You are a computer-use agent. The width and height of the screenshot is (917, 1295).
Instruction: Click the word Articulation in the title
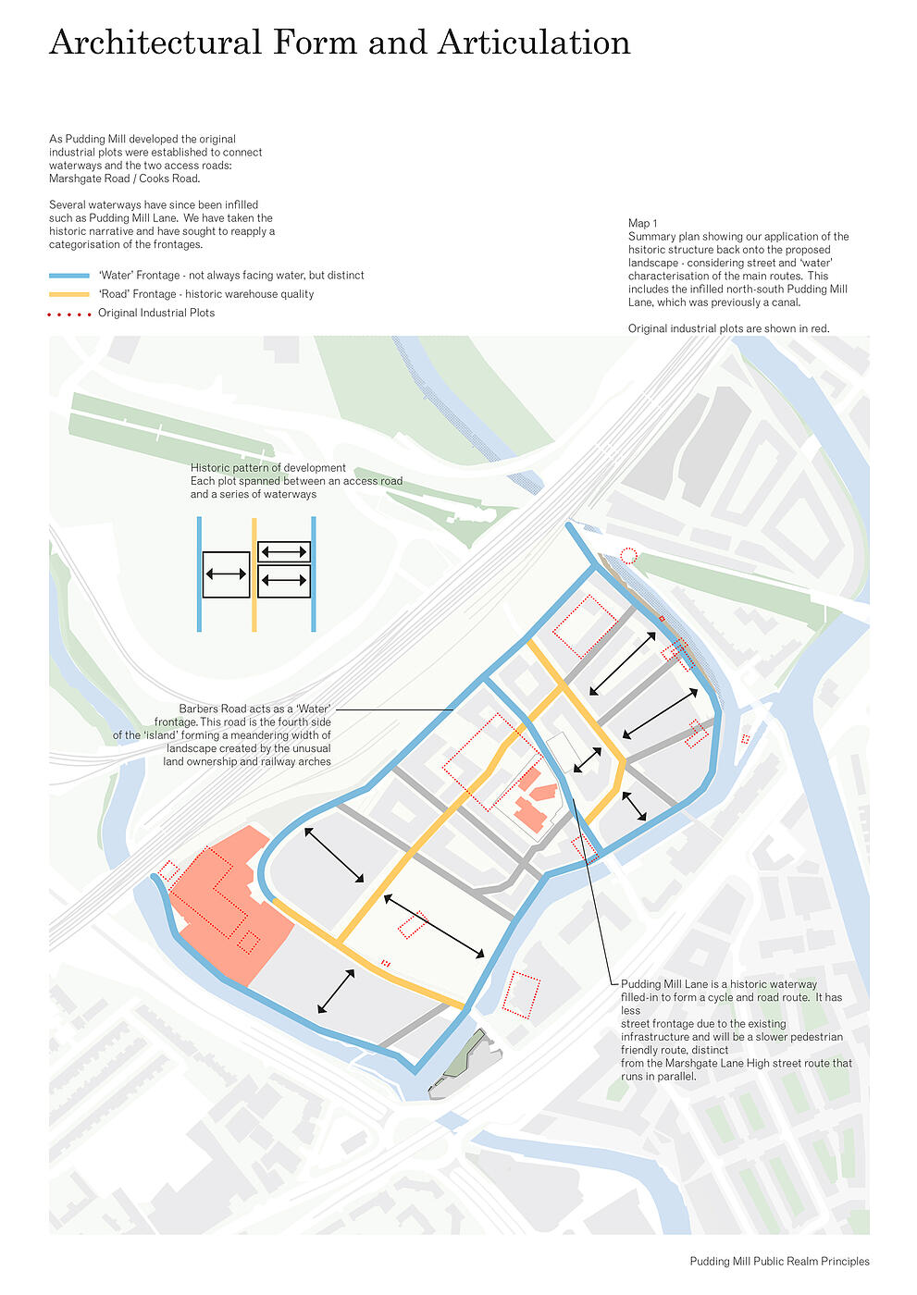(534, 43)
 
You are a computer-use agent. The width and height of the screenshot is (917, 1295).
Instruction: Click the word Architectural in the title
(155, 43)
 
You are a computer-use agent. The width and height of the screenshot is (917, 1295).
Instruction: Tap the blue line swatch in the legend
(68, 276)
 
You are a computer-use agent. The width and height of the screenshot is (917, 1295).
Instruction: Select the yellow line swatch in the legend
(68, 294)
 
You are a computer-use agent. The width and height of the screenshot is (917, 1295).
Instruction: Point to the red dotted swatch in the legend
(68, 314)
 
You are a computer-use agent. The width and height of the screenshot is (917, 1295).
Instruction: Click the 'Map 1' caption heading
(642, 223)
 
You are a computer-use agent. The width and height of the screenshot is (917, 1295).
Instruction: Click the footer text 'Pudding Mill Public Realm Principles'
(779, 1261)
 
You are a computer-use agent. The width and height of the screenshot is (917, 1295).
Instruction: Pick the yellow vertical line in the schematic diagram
(254, 574)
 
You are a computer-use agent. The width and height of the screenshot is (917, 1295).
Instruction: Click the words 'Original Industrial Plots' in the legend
(156, 313)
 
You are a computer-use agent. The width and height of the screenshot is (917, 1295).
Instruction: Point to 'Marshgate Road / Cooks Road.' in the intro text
(124, 179)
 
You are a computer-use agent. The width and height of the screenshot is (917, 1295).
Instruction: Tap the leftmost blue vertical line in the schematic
(199, 574)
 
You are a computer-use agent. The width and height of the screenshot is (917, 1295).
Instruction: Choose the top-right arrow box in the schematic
(284, 552)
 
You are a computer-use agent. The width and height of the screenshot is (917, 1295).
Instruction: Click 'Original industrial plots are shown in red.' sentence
(728, 328)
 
